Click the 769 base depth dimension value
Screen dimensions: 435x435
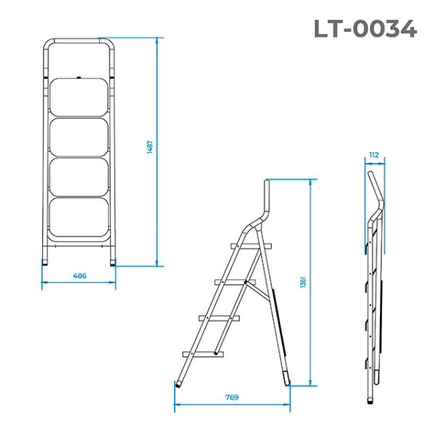pyautogui.click(x=231, y=397)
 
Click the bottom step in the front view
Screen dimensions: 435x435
pyautogui.click(x=79, y=215)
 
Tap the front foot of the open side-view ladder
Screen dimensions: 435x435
pyautogui.click(x=179, y=378)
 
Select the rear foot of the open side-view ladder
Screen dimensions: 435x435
pyautogui.click(x=286, y=378)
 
